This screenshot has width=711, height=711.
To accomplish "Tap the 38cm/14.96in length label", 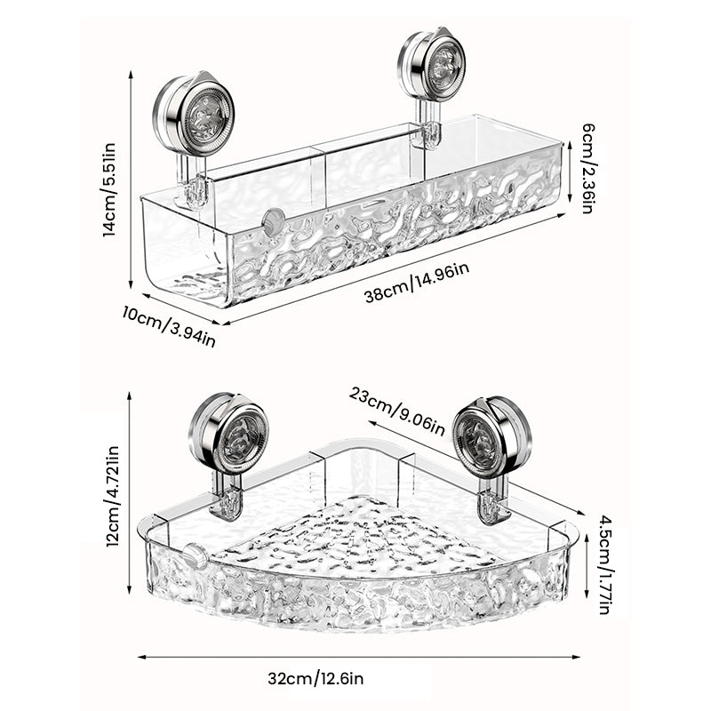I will [x=416, y=282].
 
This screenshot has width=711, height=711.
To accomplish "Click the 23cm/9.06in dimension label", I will [x=396, y=410].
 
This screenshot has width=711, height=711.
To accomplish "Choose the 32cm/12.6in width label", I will [x=316, y=680].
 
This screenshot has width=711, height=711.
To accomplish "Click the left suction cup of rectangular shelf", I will [x=194, y=116].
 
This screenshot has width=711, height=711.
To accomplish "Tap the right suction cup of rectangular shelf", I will [x=433, y=67].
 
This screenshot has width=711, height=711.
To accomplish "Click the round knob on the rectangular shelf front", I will [x=274, y=221].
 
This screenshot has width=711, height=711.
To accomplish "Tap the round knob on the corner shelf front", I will [x=196, y=557].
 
